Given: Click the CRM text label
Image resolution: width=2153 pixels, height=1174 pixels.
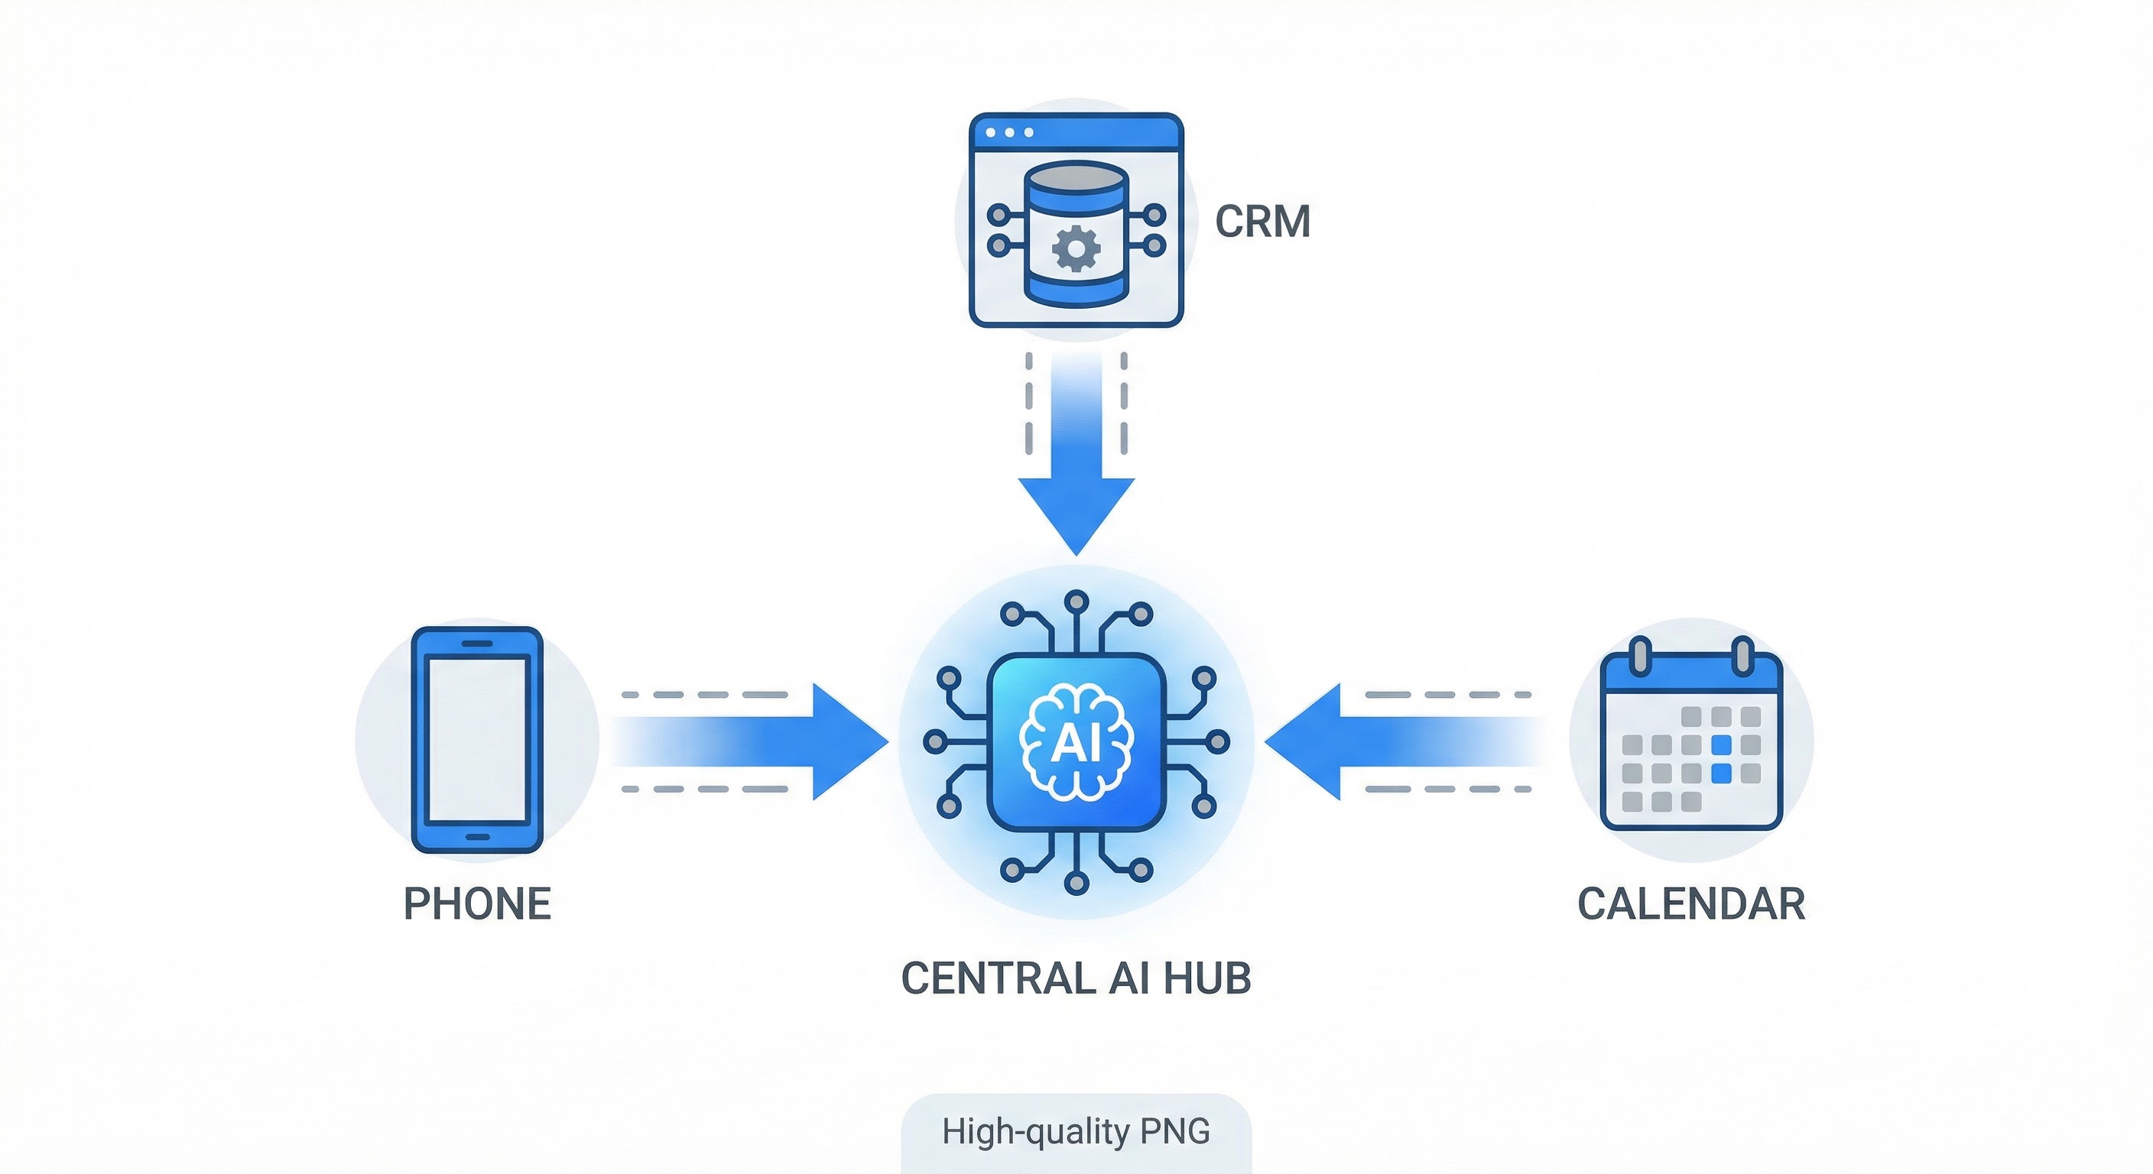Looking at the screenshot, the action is [x=1262, y=222].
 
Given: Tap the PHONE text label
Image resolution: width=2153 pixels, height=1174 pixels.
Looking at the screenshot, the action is [x=477, y=903].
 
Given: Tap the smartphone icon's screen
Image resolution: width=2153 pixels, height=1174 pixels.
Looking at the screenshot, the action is [x=477, y=741].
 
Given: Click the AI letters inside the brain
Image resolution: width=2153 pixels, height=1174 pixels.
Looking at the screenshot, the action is [x=1076, y=742].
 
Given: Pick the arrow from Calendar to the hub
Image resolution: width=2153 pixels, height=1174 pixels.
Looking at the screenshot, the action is [x=1404, y=741].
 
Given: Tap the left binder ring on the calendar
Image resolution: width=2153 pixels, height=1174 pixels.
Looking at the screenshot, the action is [x=1641, y=656].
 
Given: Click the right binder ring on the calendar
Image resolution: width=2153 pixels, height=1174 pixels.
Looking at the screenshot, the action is [x=1742, y=656].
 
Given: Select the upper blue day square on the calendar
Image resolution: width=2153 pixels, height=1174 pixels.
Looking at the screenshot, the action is [x=1721, y=744].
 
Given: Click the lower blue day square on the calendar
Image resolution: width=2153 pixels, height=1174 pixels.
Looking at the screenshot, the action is [x=1721, y=773].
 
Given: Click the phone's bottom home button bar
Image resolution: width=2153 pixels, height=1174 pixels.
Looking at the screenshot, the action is [x=477, y=837].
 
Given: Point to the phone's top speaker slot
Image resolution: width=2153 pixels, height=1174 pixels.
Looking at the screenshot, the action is [x=477, y=644].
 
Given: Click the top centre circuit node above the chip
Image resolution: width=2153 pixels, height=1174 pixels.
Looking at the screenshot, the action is [x=1076, y=601].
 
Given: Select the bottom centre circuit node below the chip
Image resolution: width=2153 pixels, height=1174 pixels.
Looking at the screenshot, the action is [x=1076, y=882].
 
